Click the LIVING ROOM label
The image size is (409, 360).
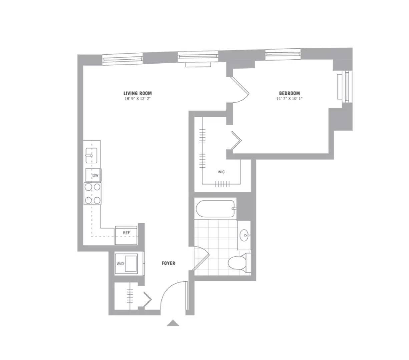137,93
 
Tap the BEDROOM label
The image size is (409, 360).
289,93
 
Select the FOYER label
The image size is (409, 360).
168,263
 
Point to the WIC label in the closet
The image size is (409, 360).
221,172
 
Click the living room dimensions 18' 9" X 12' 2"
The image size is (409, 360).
138,99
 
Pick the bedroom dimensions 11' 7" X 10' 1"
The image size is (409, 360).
289,99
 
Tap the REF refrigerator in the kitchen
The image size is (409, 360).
126,236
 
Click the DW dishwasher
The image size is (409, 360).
94,175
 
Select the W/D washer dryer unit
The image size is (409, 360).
126,264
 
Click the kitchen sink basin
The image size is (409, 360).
91,155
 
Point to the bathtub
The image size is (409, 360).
215,209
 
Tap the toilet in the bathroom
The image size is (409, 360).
239,262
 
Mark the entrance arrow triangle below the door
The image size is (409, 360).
173,323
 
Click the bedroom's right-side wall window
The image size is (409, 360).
345,86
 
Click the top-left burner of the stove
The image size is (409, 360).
88,187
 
